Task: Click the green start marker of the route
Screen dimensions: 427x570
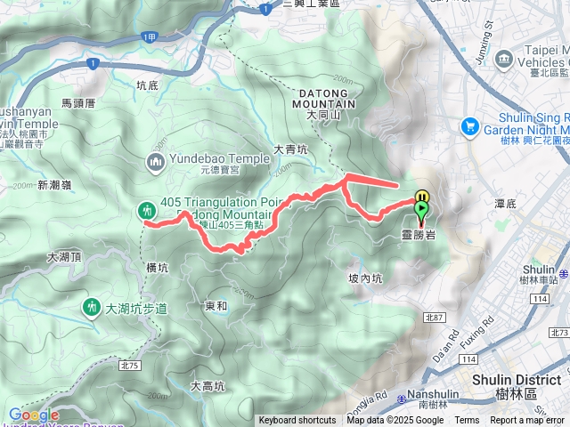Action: (421, 210)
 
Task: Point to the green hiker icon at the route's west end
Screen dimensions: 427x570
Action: (146, 211)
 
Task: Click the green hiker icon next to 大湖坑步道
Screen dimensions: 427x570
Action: (90, 308)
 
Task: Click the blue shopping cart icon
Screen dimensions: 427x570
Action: (468, 127)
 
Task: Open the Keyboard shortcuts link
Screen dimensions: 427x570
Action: (297, 421)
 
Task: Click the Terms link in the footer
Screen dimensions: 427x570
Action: (467, 421)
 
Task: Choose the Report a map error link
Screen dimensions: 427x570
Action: (528, 421)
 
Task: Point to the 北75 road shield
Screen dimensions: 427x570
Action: (129, 365)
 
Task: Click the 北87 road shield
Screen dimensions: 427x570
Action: (434, 317)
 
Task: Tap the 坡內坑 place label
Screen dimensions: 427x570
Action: (365, 278)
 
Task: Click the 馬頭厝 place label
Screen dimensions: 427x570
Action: (79, 104)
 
